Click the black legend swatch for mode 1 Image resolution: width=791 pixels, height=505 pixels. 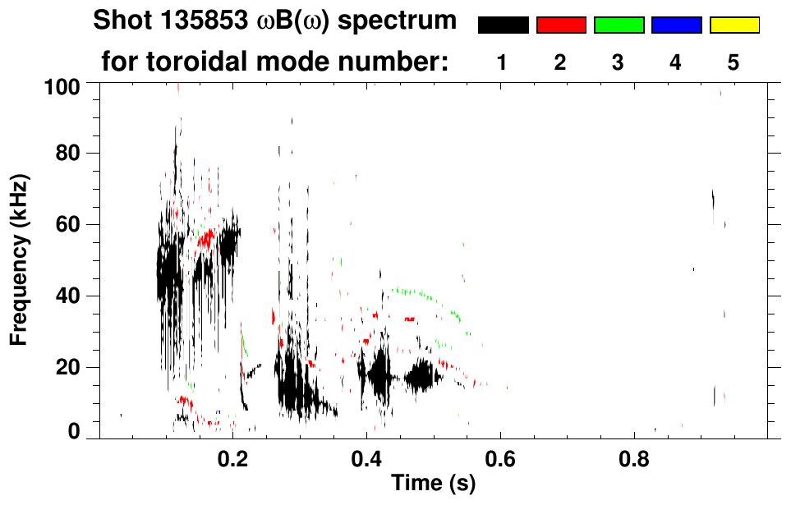coord(503,25)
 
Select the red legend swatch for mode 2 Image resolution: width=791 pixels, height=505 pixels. coord(561,25)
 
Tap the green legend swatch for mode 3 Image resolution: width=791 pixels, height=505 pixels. coord(619,25)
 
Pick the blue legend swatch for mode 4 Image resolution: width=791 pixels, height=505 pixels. coord(676,25)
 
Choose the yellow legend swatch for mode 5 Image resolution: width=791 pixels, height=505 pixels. coord(734,25)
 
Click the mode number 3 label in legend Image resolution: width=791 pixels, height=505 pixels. coord(619,62)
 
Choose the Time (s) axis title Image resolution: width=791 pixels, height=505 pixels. coord(432,484)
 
